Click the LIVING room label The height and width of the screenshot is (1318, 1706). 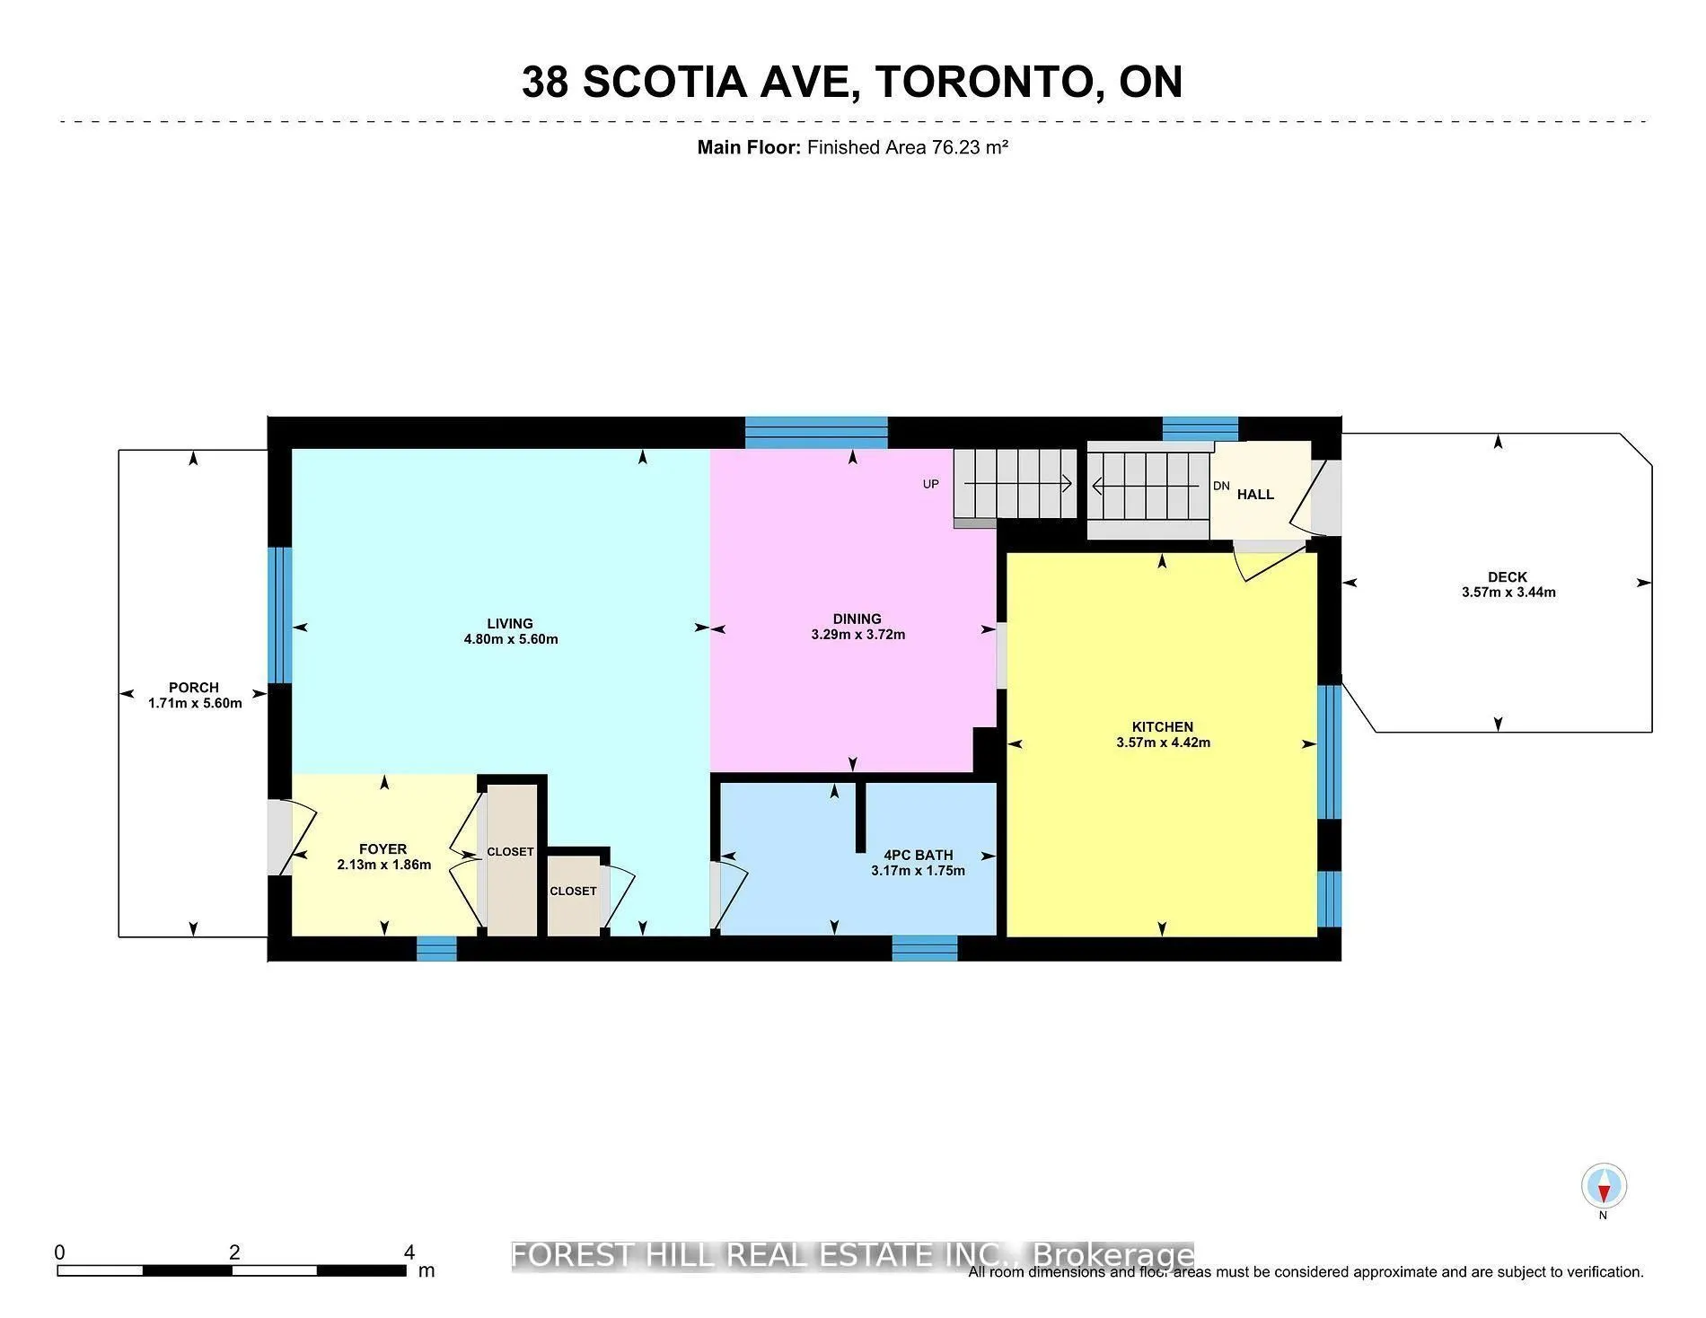click(510, 623)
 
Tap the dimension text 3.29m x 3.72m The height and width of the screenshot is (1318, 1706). click(857, 635)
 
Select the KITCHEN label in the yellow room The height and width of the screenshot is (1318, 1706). click(1162, 726)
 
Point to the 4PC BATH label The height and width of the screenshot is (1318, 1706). click(918, 855)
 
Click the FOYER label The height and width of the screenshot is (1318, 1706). click(383, 848)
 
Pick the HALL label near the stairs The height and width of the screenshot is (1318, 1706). click(1255, 495)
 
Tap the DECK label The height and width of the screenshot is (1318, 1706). click(1507, 576)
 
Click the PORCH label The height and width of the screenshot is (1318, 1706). click(194, 688)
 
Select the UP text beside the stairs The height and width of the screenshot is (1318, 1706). click(930, 484)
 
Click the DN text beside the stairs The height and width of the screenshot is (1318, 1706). click(1221, 486)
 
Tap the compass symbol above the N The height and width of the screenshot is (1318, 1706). click(1604, 1186)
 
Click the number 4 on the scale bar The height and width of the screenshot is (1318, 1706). click(409, 1252)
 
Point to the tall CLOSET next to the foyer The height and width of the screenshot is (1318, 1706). click(510, 851)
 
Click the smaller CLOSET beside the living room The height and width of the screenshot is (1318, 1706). click(573, 891)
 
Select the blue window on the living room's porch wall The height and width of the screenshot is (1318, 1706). click(280, 615)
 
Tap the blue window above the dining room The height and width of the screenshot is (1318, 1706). click(816, 432)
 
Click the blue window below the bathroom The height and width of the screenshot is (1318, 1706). click(924, 948)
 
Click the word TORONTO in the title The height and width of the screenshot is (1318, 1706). click(984, 82)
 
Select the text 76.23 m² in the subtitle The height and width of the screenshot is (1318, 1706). click(970, 147)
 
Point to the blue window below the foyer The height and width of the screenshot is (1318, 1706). click(436, 949)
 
